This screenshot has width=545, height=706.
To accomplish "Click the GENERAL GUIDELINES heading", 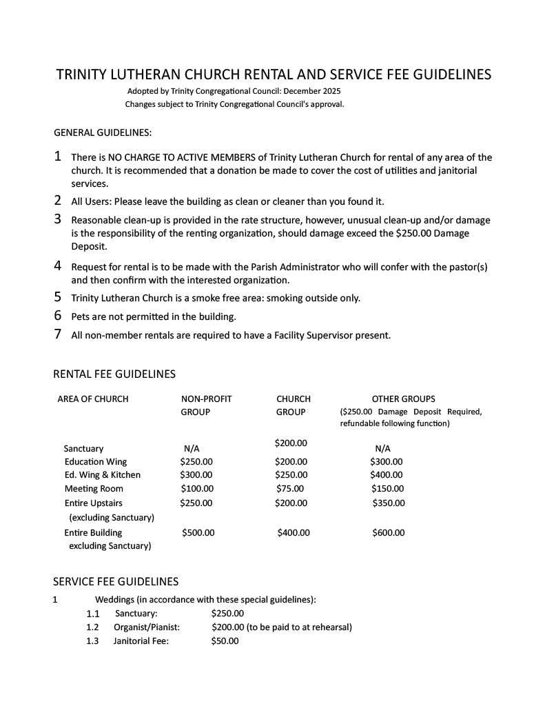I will point(103,132).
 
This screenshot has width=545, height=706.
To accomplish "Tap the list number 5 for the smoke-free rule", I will point(58,297).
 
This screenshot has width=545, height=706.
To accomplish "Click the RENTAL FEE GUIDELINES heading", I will point(114,374).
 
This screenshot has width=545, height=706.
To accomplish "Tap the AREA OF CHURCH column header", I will point(93,399).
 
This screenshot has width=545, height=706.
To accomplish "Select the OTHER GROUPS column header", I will point(403,399).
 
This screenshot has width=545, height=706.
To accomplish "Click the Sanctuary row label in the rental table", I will point(84,449).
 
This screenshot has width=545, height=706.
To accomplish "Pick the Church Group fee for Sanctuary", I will point(291,443).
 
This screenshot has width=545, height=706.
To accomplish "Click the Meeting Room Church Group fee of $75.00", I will point(289,489).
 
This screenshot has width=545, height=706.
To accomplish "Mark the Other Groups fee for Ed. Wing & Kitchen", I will point(387,475).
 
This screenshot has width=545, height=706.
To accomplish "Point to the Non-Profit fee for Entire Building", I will point(198,533).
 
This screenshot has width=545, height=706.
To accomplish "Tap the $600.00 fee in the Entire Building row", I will point(389,533).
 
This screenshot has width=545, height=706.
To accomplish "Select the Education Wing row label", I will point(96,462).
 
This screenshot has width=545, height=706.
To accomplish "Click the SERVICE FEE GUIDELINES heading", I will point(116,582).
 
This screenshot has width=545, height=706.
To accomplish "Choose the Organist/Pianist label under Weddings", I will point(147,627).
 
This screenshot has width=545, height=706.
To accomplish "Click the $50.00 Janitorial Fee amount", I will point(225,641).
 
